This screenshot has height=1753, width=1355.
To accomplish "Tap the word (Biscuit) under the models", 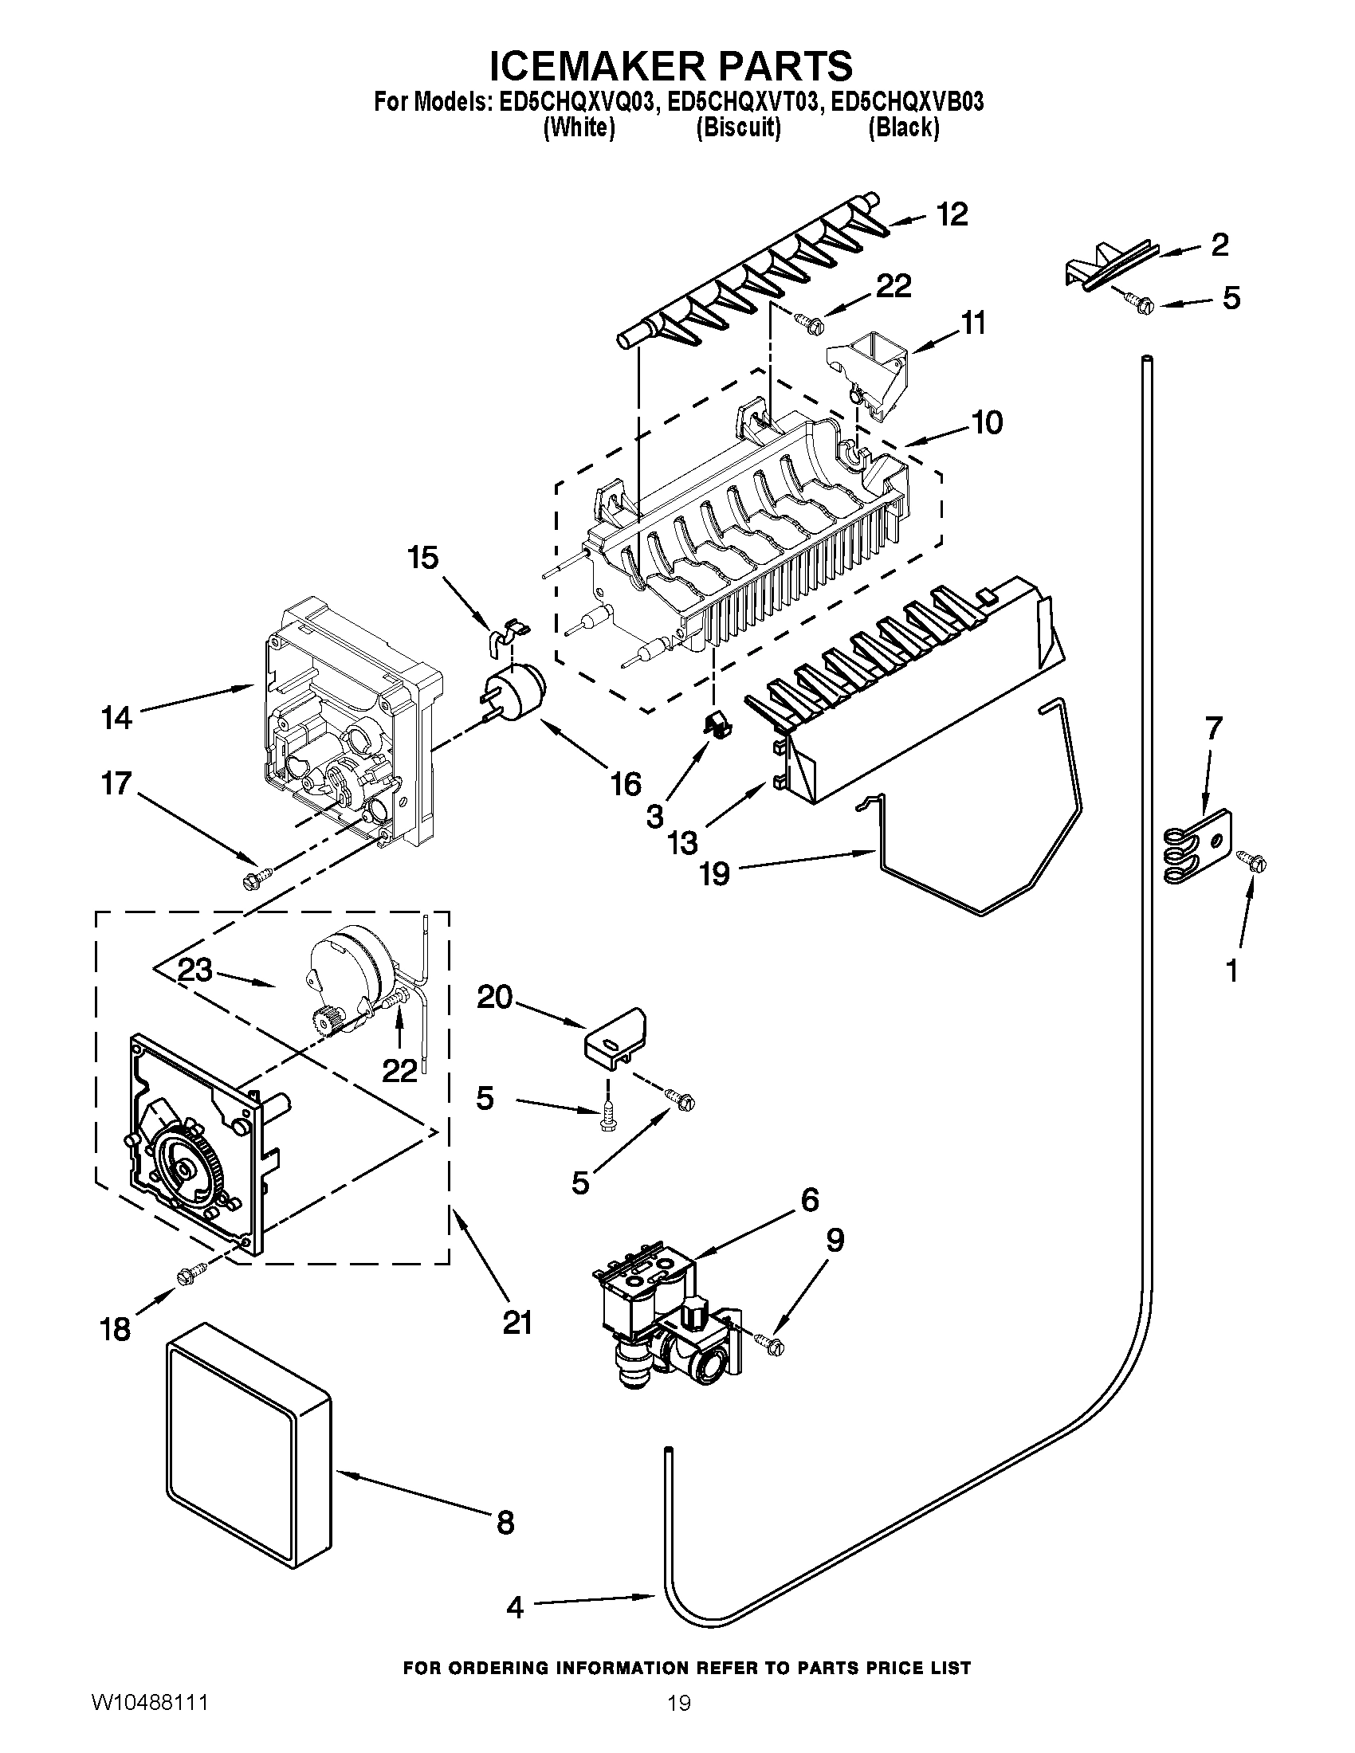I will tap(738, 127).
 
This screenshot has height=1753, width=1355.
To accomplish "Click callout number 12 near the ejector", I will tap(952, 214).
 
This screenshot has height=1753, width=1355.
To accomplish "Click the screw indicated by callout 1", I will tap(1255, 864).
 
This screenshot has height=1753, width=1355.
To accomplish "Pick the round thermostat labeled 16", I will tap(516, 692).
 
